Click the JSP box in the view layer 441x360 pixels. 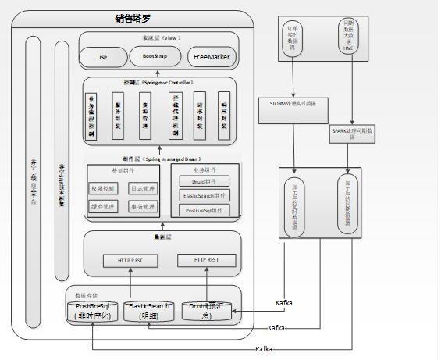click(103, 58)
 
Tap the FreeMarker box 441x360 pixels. click(210, 57)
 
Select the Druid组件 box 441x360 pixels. click(204, 181)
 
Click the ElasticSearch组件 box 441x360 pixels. click(204, 195)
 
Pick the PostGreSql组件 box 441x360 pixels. click(204, 209)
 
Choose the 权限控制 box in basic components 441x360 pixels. click(105, 188)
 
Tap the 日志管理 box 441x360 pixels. click(143, 188)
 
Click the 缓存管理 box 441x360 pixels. click(105, 207)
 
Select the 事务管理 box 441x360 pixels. click(143, 207)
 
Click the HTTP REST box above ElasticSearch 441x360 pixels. click(130, 259)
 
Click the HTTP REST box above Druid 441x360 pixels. click(206, 259)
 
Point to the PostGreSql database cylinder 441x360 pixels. click(93, 311)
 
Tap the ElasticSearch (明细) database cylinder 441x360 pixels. click(148, 311)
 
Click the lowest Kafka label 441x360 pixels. click(264, 348)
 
